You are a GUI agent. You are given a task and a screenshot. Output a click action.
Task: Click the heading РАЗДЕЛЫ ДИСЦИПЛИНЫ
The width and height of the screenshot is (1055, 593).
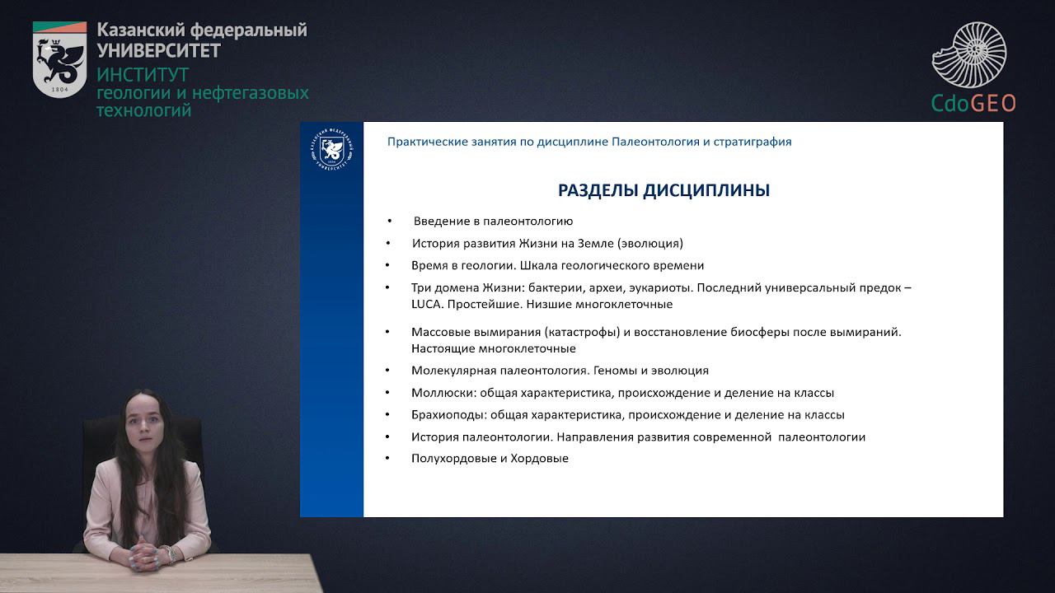[x=663, y=190]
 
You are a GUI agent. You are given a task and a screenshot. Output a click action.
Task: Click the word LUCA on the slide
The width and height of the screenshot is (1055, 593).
[x=426, y=304]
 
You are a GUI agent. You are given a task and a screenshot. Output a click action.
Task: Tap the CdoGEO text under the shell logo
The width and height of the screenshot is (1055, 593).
[x=973, y=103]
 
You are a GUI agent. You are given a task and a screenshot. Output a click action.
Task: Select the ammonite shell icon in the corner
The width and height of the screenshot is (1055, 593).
[x=969, y=55]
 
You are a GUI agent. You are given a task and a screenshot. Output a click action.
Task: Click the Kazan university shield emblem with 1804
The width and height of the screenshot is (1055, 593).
[x=59, y=59]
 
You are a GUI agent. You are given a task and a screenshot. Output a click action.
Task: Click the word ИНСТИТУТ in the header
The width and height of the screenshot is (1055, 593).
[x=143, y=74]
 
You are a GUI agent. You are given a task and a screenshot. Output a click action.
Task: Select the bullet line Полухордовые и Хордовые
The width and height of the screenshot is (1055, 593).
[x=490, y=459]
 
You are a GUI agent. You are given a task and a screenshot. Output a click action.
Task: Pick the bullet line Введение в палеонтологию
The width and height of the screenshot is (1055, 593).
[x=493, y=222]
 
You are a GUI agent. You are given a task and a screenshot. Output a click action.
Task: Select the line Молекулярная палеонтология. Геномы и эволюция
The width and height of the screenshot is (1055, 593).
[x=560, y=371]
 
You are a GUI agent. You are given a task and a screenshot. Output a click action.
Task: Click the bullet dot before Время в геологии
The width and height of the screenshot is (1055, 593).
[x=387, y=266]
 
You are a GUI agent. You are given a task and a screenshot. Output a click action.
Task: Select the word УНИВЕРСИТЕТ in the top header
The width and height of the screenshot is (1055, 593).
[x=158, y=51]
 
